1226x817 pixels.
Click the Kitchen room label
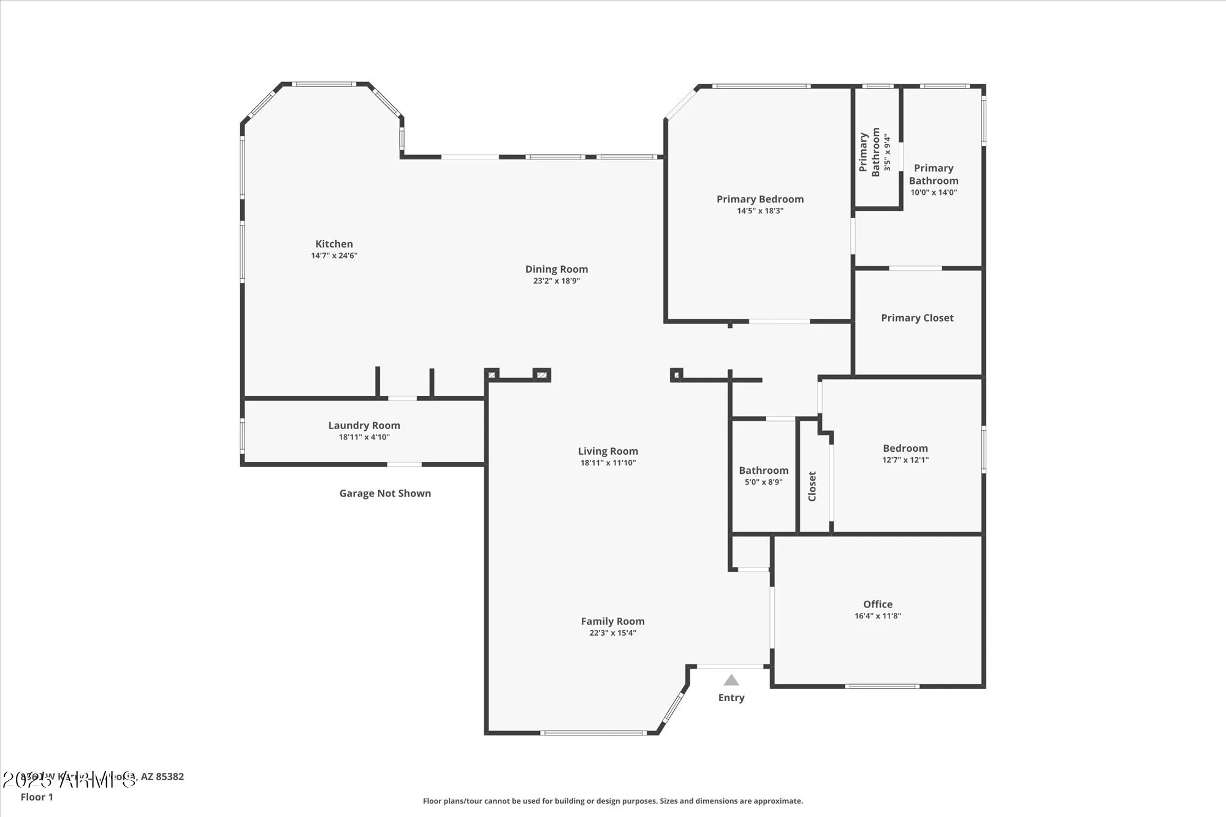coord(334,244)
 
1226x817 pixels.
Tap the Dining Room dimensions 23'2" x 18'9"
coord(556,281)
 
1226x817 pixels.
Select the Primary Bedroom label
coord(760,199)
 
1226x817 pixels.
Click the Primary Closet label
coord(917,318)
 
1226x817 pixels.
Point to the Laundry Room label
coord(364,425)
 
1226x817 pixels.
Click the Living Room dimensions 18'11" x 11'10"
coord(607,463)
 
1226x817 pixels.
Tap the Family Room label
coord(612,621)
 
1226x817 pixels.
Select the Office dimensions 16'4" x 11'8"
coord(877,616)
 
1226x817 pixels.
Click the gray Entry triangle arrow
coord(731,680)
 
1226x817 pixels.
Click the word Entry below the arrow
coord(731,697)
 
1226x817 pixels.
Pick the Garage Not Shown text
coord(385,493)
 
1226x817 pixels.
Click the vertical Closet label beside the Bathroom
coord(812,486)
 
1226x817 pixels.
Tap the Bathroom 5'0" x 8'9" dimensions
coord(763,482)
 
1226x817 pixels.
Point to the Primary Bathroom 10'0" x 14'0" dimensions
coord(933,192)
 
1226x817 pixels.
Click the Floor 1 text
coord(37,797)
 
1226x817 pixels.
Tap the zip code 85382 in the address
coord(170,777)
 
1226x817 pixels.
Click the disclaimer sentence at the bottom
coord(612,801)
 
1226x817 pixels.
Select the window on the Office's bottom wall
coord(881,686)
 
